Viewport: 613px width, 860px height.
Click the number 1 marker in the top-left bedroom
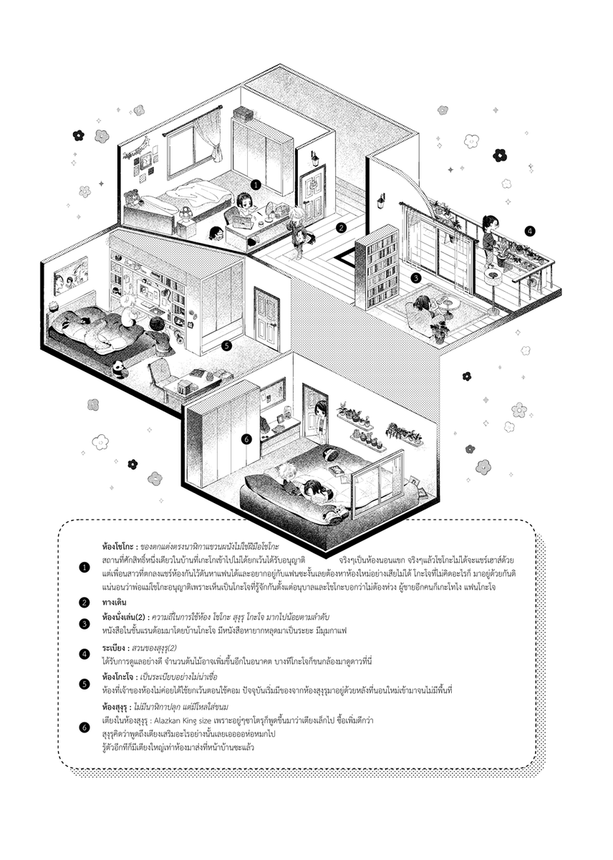coord(256,184)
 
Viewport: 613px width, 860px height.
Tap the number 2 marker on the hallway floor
coord(342,228)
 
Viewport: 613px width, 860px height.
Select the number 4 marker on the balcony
coord(530,231)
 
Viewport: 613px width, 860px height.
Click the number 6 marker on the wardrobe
coord(246,439)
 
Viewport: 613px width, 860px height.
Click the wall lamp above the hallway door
coord(314,158)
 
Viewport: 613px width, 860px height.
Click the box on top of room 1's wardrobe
coord(243,114)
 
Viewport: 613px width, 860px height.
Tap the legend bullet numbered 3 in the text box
coord(85,623)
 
